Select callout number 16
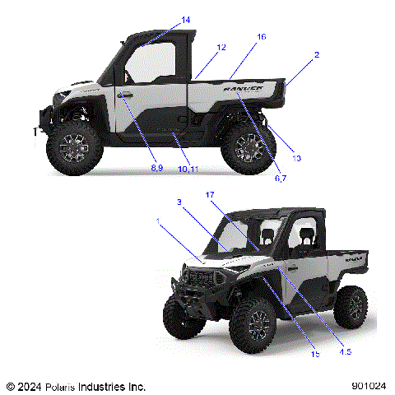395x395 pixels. coord(261,37)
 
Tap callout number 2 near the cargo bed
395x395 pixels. coord(317,55)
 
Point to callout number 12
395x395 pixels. coord(221,48)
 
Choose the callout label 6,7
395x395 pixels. coord(280,179)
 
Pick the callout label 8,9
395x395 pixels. coord(156,168)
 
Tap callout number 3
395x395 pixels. coord(179,202)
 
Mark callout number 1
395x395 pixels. coord(159,221)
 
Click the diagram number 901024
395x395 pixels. coord(367,384)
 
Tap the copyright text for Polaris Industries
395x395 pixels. coord(76,385)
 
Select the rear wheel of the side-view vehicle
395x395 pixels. coord(249,146)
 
